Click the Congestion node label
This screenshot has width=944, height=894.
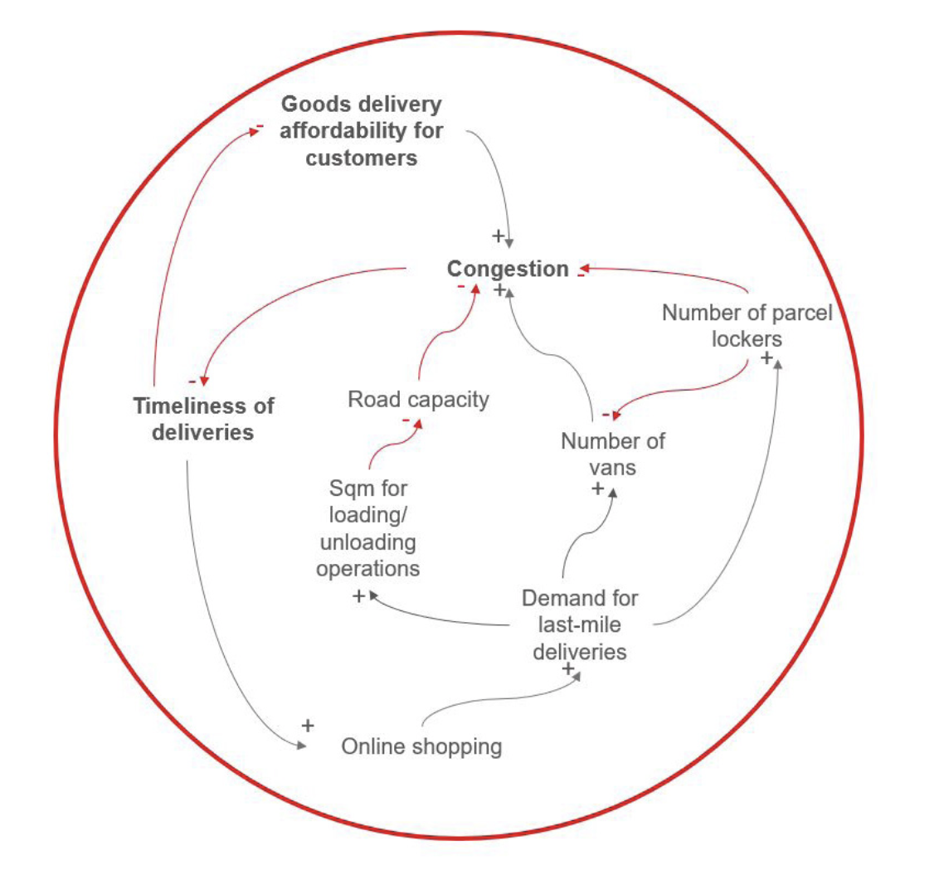coord(508,270)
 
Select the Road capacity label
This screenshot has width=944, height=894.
coord(418,400)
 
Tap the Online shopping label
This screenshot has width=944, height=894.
coord(421,746)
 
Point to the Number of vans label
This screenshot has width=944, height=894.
coord(612,454)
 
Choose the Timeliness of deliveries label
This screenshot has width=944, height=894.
coord(204,419)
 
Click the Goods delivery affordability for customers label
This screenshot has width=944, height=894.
coord(362,131)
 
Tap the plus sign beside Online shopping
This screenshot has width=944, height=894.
coord(308,726)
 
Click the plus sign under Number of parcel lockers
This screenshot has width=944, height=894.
coord(766,358)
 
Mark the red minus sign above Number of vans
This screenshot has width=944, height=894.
coord(607,414)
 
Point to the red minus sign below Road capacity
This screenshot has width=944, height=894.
coord(406,421)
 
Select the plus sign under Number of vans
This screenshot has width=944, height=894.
coord(597,488)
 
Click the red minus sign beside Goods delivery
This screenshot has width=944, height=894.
coord(260,126)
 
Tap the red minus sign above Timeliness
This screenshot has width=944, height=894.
coord(192,381)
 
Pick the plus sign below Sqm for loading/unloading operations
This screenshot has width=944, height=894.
coord(358,595)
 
